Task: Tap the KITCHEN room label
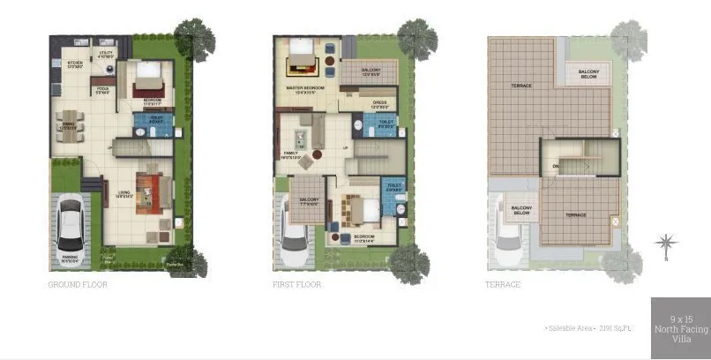74,64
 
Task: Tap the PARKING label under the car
69,258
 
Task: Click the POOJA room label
103,89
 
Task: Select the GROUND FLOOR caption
77,285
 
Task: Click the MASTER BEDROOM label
305,88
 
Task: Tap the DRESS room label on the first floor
380,103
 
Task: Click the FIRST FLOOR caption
297,285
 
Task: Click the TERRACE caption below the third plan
503,285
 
